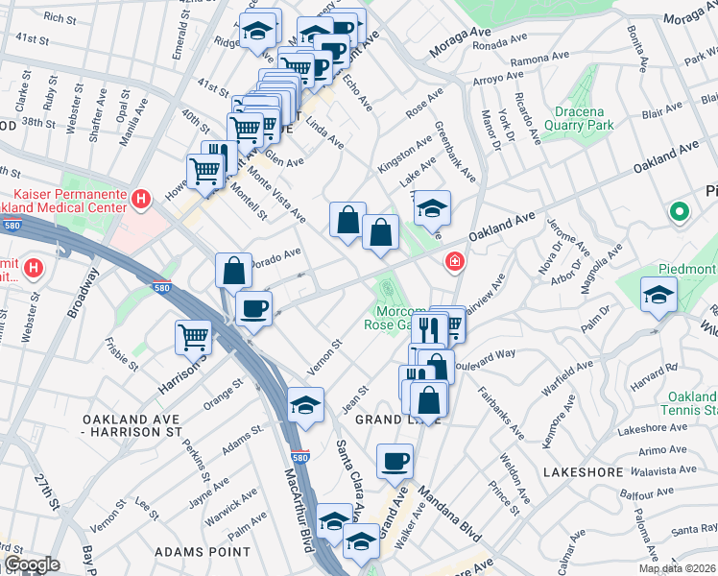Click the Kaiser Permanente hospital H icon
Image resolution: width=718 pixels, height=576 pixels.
(x=141, y=200)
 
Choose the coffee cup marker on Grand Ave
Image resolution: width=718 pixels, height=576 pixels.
(x=395, y=462)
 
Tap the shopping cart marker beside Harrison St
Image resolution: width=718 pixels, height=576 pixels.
(x=193, y=337)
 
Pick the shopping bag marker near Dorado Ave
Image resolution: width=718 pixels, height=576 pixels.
(x=233, y=271)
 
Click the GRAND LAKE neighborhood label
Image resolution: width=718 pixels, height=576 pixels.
(x=397, y=420)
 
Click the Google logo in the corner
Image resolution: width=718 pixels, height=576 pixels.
(x=31, y=564)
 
